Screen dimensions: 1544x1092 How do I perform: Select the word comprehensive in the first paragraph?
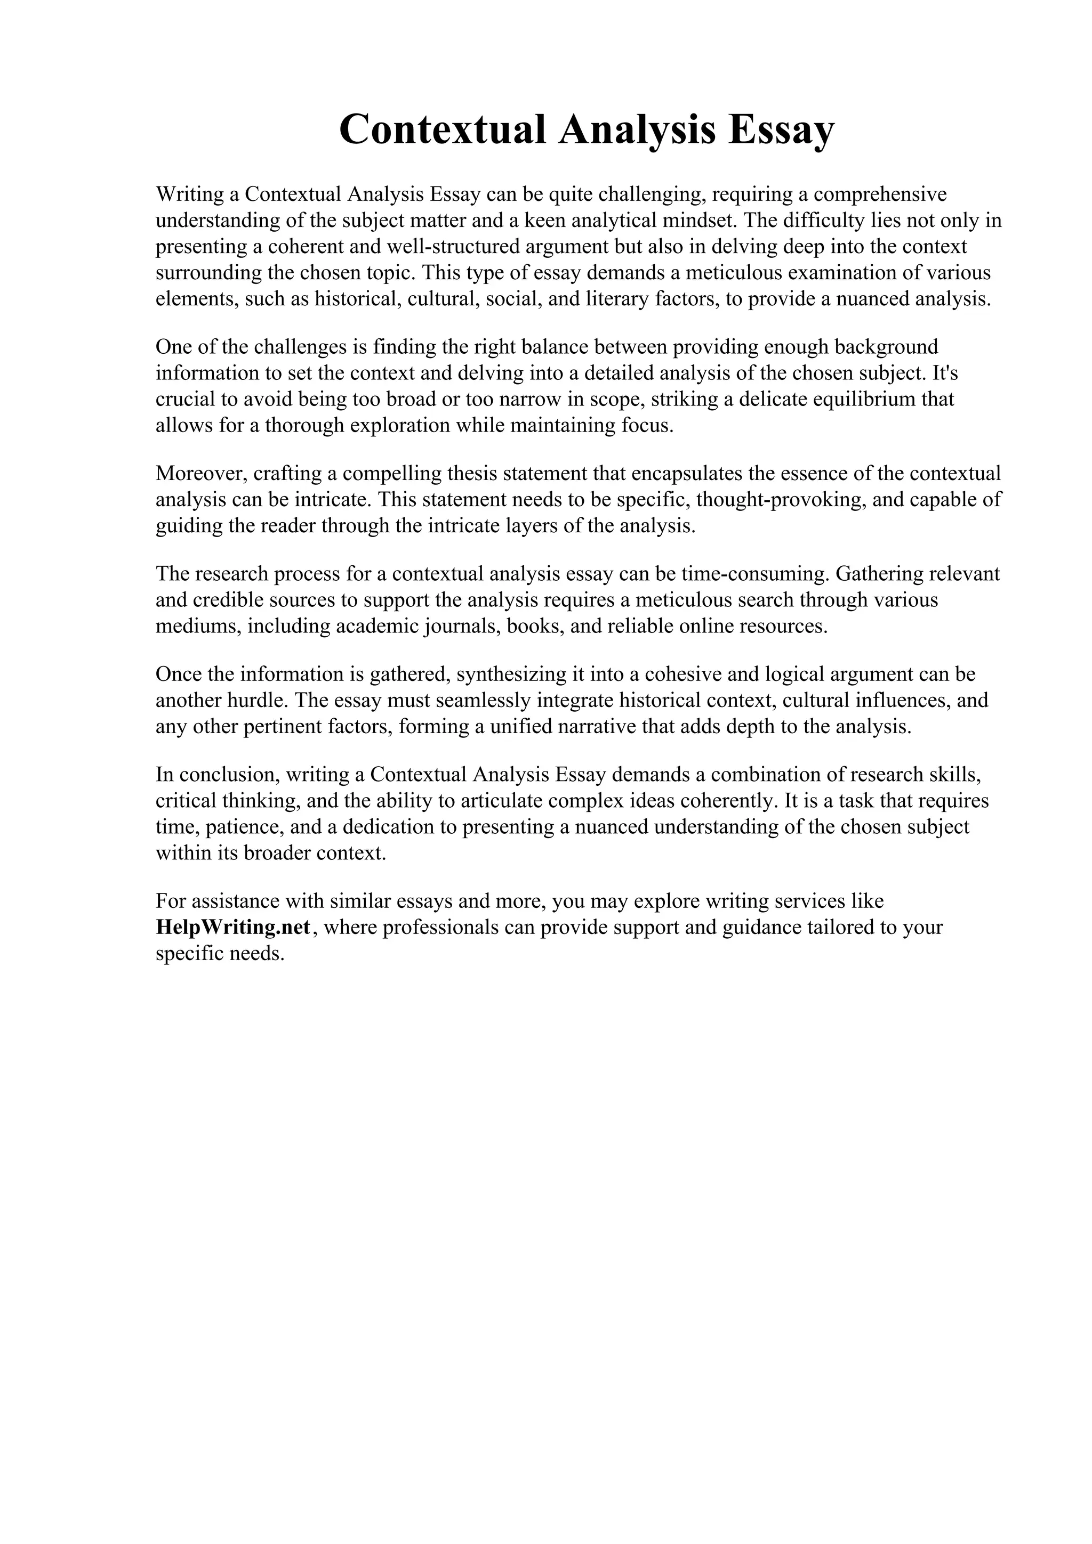click(x=880, y=194)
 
